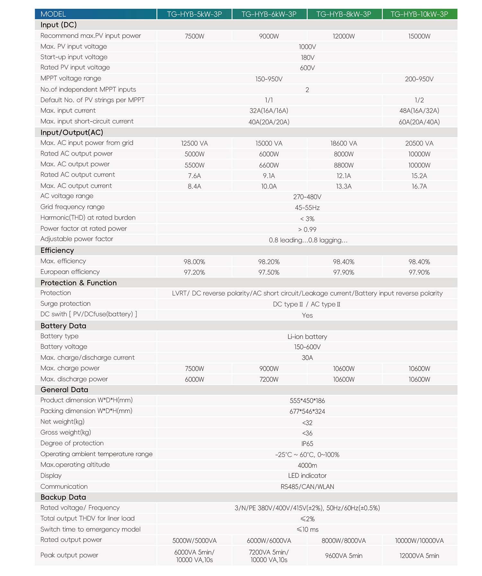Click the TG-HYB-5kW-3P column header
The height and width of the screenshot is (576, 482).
194,14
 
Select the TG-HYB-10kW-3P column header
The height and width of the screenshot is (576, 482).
419,14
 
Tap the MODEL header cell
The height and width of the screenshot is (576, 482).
53,14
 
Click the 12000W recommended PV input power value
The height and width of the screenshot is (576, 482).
344,36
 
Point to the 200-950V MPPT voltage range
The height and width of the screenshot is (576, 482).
419,79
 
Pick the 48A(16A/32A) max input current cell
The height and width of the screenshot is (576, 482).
419,111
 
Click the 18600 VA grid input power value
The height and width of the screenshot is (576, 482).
344,143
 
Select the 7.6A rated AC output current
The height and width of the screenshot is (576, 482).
194,176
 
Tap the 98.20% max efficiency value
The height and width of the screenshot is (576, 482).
269,262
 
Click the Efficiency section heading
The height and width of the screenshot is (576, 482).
57,251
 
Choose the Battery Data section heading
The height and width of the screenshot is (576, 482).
63,326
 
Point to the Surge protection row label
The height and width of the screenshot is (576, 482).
66,304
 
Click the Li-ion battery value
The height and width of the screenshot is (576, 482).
307,337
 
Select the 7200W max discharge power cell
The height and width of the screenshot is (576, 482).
269,379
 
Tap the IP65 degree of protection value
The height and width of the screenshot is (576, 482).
307,444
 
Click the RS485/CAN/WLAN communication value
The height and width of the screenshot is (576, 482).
307,487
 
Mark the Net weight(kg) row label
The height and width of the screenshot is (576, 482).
62,422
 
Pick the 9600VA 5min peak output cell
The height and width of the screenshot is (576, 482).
344,556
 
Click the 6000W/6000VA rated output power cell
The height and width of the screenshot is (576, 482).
269,541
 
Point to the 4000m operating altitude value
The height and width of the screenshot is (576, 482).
307,465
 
